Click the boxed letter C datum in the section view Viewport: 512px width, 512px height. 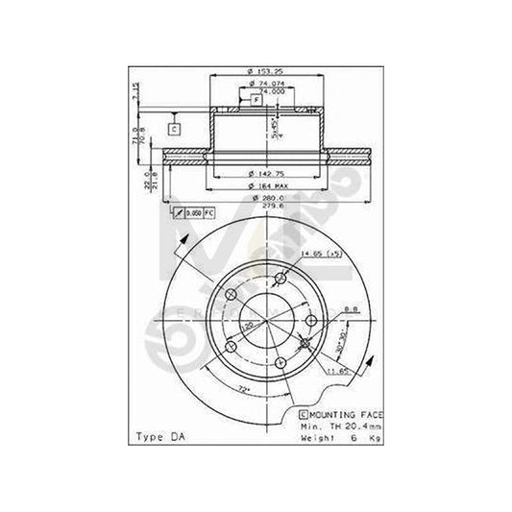pos(174,128)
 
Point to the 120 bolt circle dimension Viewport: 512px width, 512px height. pos(249,327)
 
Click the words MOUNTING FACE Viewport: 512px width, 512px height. pos(344,411)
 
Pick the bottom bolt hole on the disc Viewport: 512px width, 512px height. pos(279,361)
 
